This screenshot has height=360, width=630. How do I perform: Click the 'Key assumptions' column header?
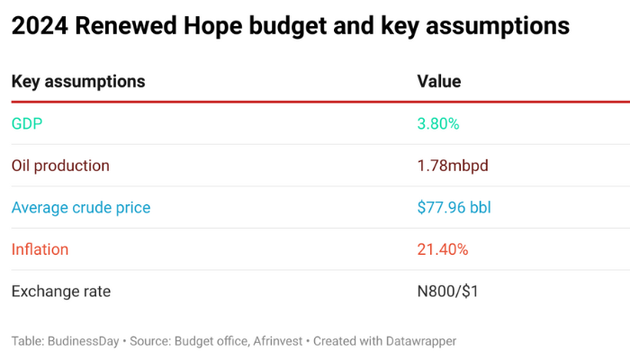pos(78,82)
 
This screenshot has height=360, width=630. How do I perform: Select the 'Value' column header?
pos(439,82)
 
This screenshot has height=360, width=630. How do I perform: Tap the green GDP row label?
pos(27,123)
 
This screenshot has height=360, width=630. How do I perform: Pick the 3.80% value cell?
pos(438,123)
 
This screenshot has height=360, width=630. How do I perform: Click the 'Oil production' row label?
pos(60,166)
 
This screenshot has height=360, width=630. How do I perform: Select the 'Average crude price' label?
pos(81,208)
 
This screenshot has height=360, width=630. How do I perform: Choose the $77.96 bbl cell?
pos(454,208)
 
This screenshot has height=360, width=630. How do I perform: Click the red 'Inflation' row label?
pos(40,249)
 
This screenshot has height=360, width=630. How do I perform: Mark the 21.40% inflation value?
pos(443,249)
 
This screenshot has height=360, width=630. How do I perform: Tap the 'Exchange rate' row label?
pos(60,292)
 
